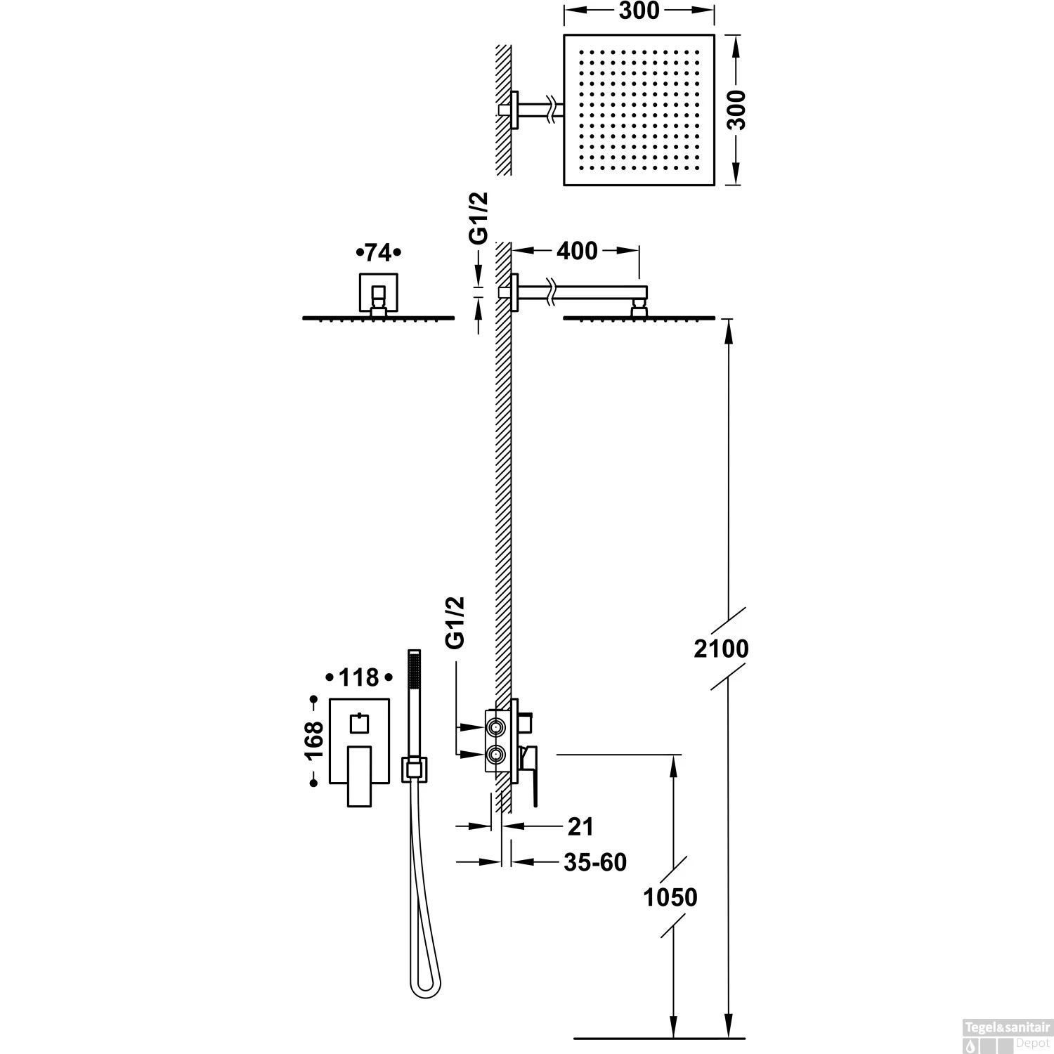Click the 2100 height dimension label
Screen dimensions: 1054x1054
click(721, 648)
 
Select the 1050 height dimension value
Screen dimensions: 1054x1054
click(671, 897)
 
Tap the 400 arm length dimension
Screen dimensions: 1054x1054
click(577, 251)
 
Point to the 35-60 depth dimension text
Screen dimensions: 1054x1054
click(594, 861)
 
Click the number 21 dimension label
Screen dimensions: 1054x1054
click(580, 827)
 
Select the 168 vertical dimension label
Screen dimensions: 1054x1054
click(314, 740)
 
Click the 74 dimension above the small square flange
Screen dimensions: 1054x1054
click(378, 252)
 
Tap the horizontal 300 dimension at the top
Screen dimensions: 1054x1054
click(640, 11)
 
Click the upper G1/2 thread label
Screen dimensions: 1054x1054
click(479, 219)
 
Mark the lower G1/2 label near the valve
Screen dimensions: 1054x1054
click(455, 622)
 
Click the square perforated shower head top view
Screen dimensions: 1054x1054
click(639, 110)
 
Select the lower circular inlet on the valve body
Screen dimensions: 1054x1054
click(496, 755)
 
